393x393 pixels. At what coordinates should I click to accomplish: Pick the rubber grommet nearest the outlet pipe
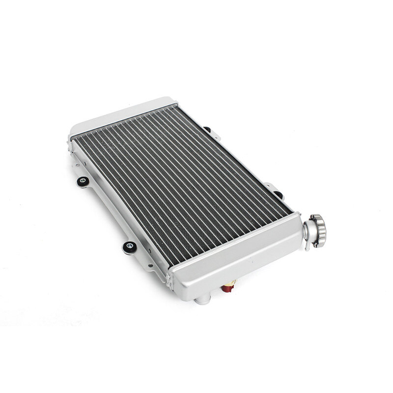pos(130,247)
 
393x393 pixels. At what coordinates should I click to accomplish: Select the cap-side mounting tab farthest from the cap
pos(206,130)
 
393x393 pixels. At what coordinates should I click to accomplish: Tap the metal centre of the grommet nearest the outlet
pos(130,246)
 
